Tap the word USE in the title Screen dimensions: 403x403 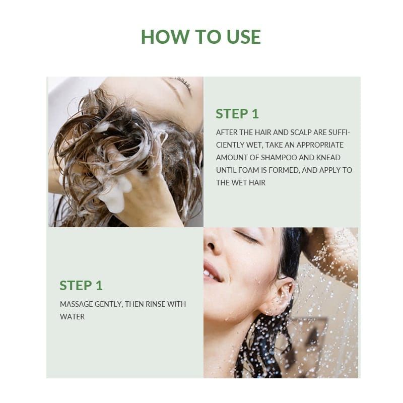(244, 36)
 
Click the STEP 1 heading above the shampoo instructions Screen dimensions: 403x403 (237, 114)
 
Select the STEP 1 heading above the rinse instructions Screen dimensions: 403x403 (81, 286)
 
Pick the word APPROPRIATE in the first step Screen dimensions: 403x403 (320, 145)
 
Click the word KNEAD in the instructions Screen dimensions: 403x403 (328, 158)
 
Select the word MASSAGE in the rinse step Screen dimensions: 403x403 (77, 304)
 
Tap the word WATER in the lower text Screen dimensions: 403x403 (72, 317)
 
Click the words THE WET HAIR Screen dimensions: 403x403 (241, 183)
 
